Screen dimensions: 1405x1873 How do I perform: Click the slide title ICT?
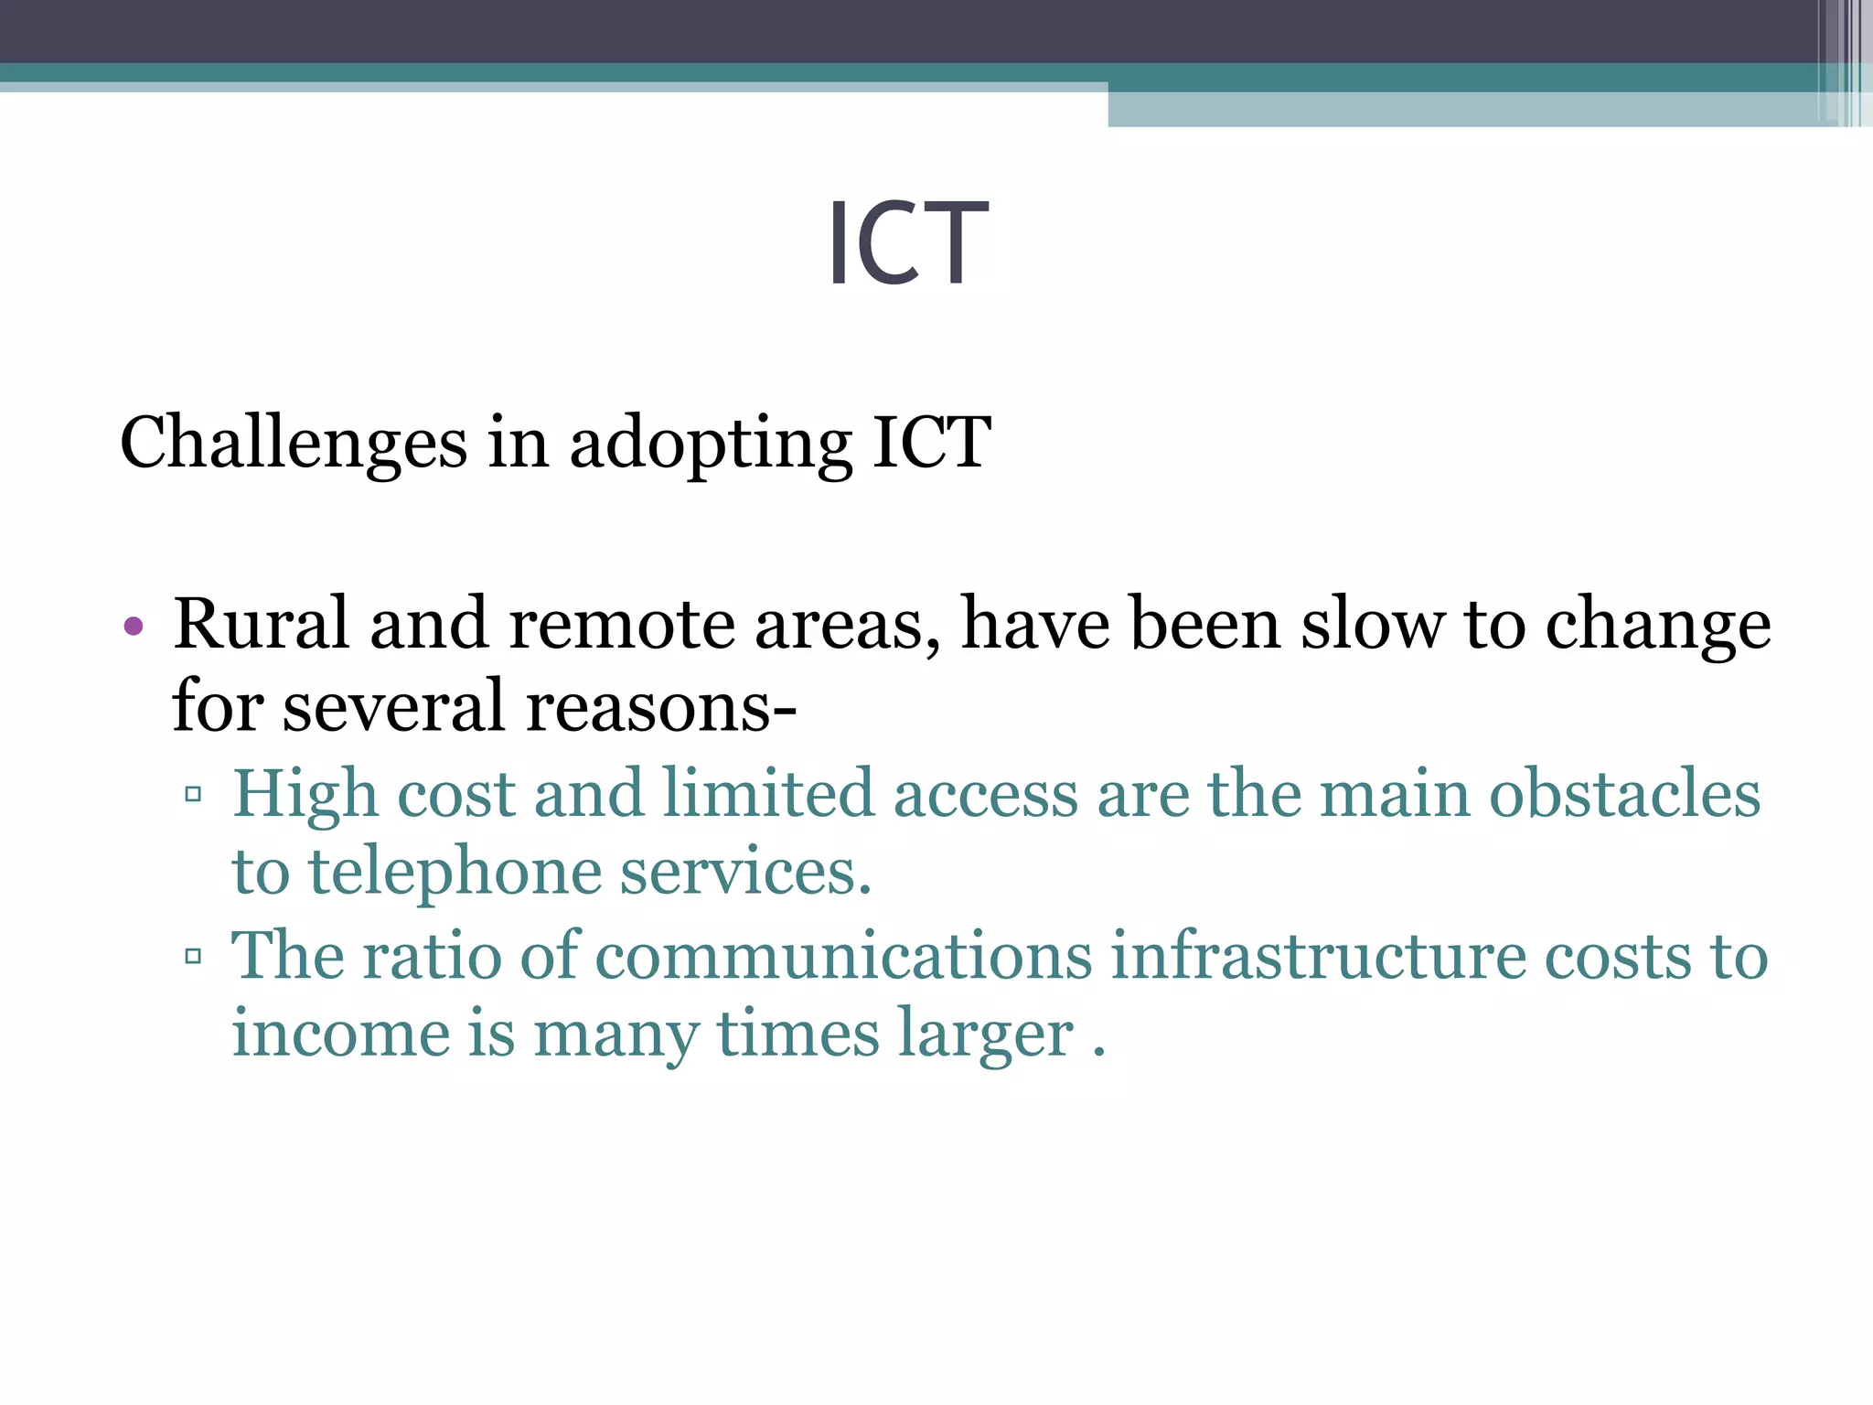coord(907,243)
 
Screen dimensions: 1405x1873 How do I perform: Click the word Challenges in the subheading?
coord(293,444)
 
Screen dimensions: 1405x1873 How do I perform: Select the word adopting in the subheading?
coord(711,444)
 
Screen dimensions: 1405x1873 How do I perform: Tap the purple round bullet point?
coord(134,627)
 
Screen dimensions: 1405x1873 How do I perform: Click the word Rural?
coord(262,624)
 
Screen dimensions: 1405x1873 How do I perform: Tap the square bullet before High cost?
coord(193,794)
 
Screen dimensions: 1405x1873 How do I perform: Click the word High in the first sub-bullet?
coord(305,794)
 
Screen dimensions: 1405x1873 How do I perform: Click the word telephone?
coord(455,873)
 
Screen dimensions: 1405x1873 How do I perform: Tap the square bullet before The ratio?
coord(193,957)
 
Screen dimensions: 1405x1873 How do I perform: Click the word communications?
coord(843,955)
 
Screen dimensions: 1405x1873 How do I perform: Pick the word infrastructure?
coord(1318,955)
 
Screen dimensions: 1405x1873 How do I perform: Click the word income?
coord(341,1034)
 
